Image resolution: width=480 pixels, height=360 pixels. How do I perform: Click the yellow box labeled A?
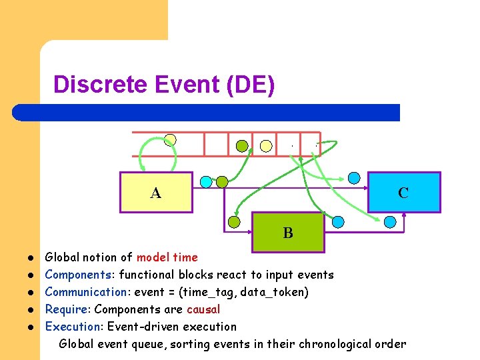tap(156, 193)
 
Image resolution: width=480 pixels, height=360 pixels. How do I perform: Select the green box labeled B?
tap(287, 233)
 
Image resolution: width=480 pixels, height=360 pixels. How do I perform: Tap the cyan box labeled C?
tap(403, 193)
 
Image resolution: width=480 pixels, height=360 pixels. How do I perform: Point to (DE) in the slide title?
tap(250, 85)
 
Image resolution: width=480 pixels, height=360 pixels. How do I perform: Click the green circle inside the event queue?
tap(243, 145)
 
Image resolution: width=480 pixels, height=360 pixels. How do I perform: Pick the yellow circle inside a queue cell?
tap(266, 145)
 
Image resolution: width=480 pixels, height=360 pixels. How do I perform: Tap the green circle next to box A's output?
tap(222, 181)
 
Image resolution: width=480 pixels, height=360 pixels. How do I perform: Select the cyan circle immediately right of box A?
tap(206, 181)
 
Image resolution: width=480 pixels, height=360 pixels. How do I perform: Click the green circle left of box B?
tap(234, 222)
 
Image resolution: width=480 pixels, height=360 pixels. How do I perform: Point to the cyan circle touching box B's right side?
tap(338, 221)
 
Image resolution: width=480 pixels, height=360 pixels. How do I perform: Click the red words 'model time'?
tap(167, 257)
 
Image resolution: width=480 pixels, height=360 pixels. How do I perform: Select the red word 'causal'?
tap(203, 309)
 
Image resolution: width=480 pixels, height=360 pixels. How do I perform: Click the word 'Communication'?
tap(85, 292)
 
